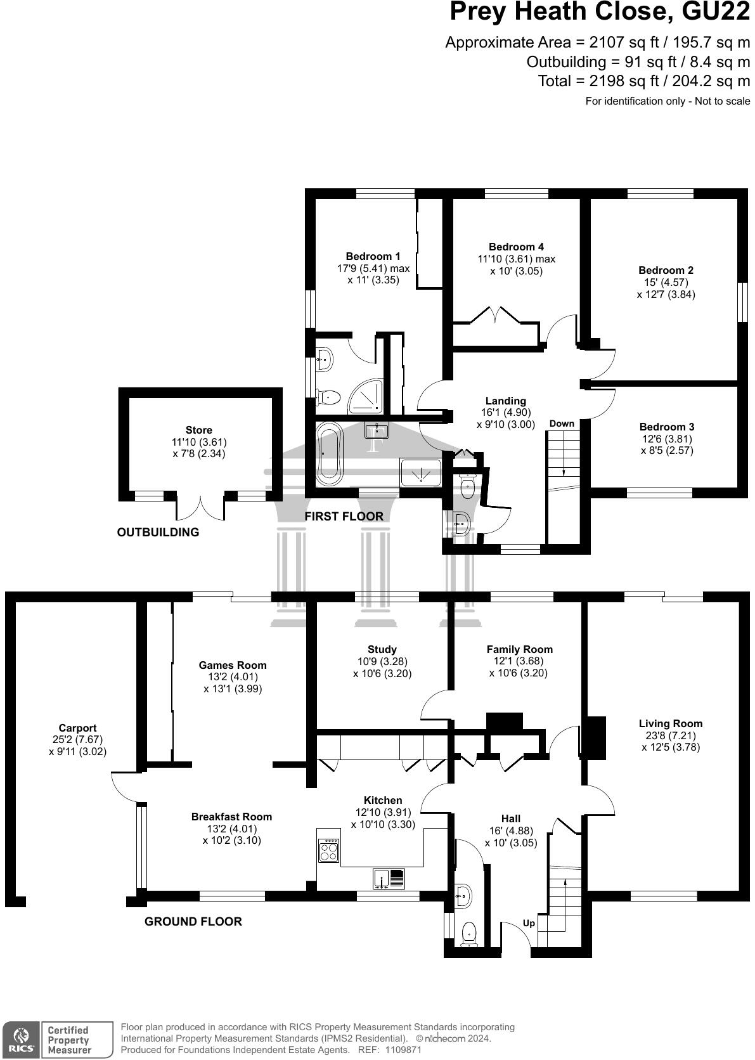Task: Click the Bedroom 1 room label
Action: pos(373,256)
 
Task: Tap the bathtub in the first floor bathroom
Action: pos(329,453)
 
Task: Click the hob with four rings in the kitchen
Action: pos(329,850)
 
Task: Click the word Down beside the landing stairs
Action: pos(562,423)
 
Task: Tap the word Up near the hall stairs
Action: pos(529,923)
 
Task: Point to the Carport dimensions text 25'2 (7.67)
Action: pos(77,739)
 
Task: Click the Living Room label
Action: pos(670,723)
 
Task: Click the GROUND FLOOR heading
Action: pos(193,921)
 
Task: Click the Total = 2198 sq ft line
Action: pos(643,81)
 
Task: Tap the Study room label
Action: pos(382,649)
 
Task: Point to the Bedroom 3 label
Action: pos(666,427)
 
